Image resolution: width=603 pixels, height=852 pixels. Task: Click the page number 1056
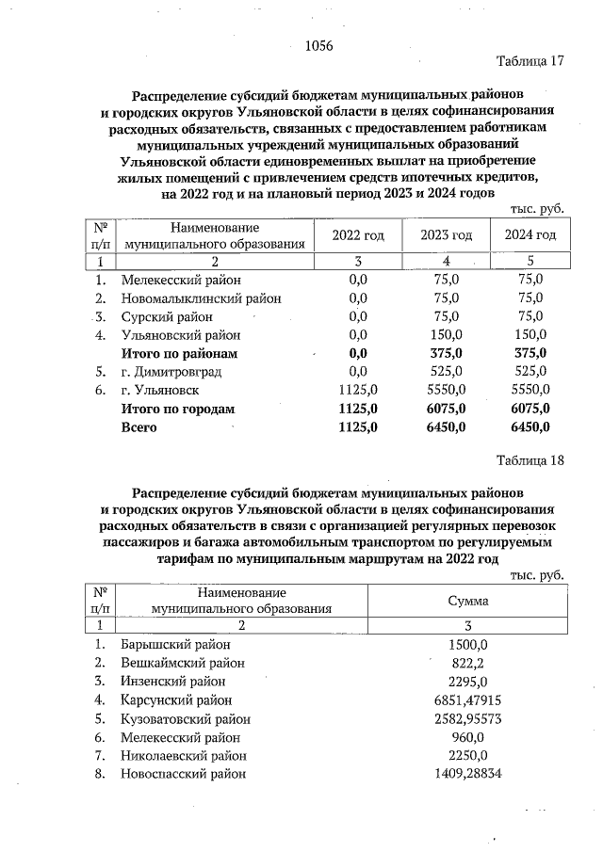(321, 45)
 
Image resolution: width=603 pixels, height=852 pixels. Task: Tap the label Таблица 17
(530, 62)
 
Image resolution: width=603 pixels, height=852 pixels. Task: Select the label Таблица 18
(530, 460)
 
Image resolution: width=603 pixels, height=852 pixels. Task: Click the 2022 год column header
(358, 234)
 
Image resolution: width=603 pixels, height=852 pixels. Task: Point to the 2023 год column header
(446, 234)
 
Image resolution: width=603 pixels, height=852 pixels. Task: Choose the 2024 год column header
(530, 234)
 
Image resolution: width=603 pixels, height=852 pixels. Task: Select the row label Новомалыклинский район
(201, 298)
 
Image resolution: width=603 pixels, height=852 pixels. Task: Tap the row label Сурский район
(167, 316)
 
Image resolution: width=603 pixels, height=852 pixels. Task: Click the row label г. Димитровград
(171, 372)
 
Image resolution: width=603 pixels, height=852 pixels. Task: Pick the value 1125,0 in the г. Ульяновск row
(358, 390)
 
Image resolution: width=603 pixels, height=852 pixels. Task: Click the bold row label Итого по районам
(179, 353)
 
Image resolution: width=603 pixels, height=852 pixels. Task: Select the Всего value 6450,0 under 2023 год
(446, 426)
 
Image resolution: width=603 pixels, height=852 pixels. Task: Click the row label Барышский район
(175, 645)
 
